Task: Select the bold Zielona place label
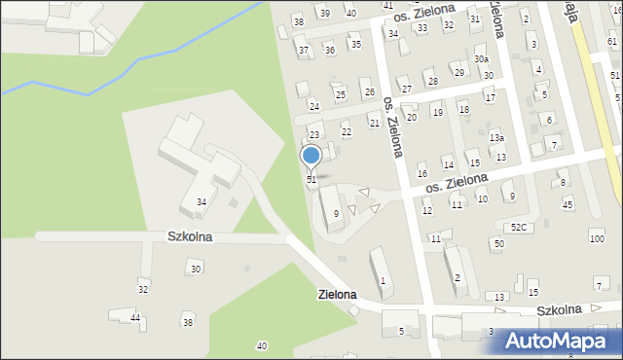click(x=336, y=294)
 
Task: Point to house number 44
click(x=135, y=318)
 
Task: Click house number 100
click(x=597, y=238)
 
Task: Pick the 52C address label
click(x=519, y=227)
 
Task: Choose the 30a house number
click(x=481, y=59)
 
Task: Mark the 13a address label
click(x=496, y=138)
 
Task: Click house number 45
click(x=568, y=204)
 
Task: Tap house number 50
click(x=498, y=243)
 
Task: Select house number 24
click(x=313, y=106)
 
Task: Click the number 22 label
click(x=346, y=131)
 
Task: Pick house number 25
click(x=340, y=94)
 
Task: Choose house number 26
click(x=368, y=92)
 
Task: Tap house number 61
click(x=612, y=42)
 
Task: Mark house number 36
click(x=330, y=50)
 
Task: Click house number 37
click(x=304, y=51)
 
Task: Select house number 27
click(x=406, y=89)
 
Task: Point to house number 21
click(x=374, y=123)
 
